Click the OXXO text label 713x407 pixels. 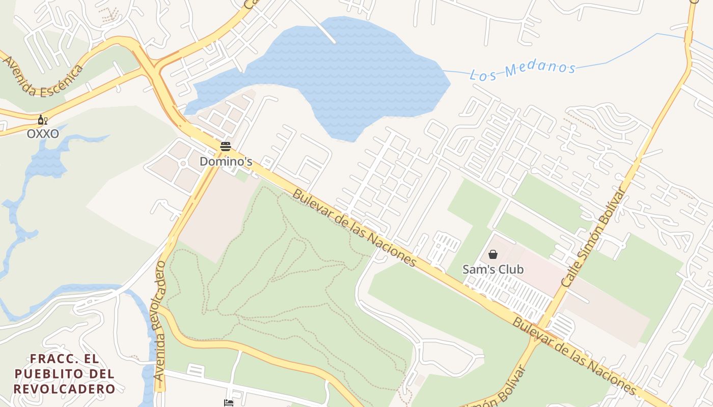[x=43, y=134]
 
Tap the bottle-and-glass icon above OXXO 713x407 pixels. [x=42, y=121]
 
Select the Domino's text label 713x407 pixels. [x=226, y=161]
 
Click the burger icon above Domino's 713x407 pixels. [x=226, y=147]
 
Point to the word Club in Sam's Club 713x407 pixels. [x=510, y=269]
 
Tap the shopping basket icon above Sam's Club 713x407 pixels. [x=493, y=254]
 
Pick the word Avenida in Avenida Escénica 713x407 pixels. [x=19, y=76]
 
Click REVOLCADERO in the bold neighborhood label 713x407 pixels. [x=64, y=389]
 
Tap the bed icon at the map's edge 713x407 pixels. [x=229, y=403]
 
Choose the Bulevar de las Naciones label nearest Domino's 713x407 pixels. [x=354, y=228]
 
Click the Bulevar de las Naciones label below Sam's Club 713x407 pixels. [x=574, y=356]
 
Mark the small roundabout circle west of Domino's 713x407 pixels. [x=183, y=163]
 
